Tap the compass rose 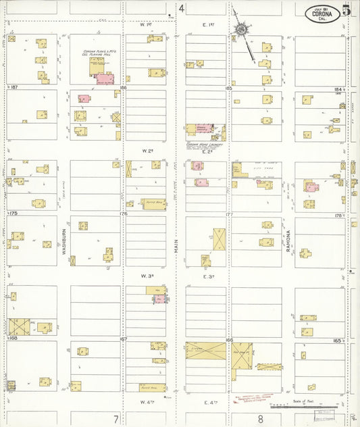pos(240,30)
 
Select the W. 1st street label pos(143,24)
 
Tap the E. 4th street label pos(209,402)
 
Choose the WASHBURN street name pos(66,239)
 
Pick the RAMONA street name pos(288,240)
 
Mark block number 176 pos(123,214)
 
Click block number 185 pos(228,88)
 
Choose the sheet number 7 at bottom pos(116,419)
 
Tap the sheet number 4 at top pos(182,8)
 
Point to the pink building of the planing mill pos(105,78)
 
